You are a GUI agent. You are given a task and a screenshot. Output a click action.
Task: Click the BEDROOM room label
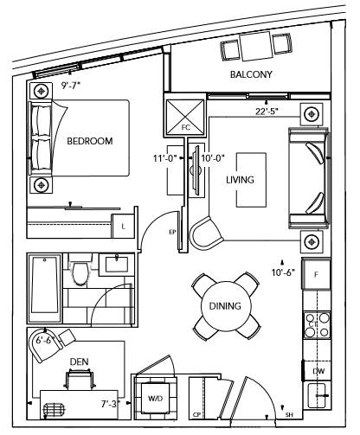pyautogui.click(x=90, y=141)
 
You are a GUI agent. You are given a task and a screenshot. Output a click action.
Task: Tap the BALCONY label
pyautogui.click(x=251, y=74)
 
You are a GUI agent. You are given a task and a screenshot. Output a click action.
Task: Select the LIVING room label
pyautogui.click(x=240, y=180)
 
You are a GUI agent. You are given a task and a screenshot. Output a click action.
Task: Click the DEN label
pyautogui.click(x=79, y=361)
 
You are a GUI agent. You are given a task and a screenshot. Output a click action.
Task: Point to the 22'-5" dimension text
pyautogui.click(x=267, y=112)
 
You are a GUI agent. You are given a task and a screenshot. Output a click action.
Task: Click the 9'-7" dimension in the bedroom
pyautogui.click(x=71, y=86)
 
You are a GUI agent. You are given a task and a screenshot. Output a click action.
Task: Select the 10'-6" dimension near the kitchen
pyautogui.click(x=283, y=272)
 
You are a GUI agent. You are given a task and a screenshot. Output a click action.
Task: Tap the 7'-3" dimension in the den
pyautogui.click(x=111, y=404)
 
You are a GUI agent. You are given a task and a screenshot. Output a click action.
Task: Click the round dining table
pyautogui.click(x=226, y=306)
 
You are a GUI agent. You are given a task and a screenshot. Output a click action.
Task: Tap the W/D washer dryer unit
pyautogui.click(x=156, y=398)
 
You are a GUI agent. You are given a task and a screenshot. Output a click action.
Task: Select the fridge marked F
pyautogui.click(x=316, y=273)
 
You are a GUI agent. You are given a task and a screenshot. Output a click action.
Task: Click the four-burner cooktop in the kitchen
pyautogui.click(x=317, y=325)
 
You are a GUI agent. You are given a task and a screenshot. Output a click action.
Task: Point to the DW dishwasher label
pyautogui.click(x=318, y=371)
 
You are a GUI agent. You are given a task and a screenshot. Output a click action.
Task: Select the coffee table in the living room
pyautogui.click(x=251, y=180)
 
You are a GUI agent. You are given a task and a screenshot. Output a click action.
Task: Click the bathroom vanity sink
pyautogui.click(x=117, y=265)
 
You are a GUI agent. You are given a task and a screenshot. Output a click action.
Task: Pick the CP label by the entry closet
pyautogui.click(x=196, y=415)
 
